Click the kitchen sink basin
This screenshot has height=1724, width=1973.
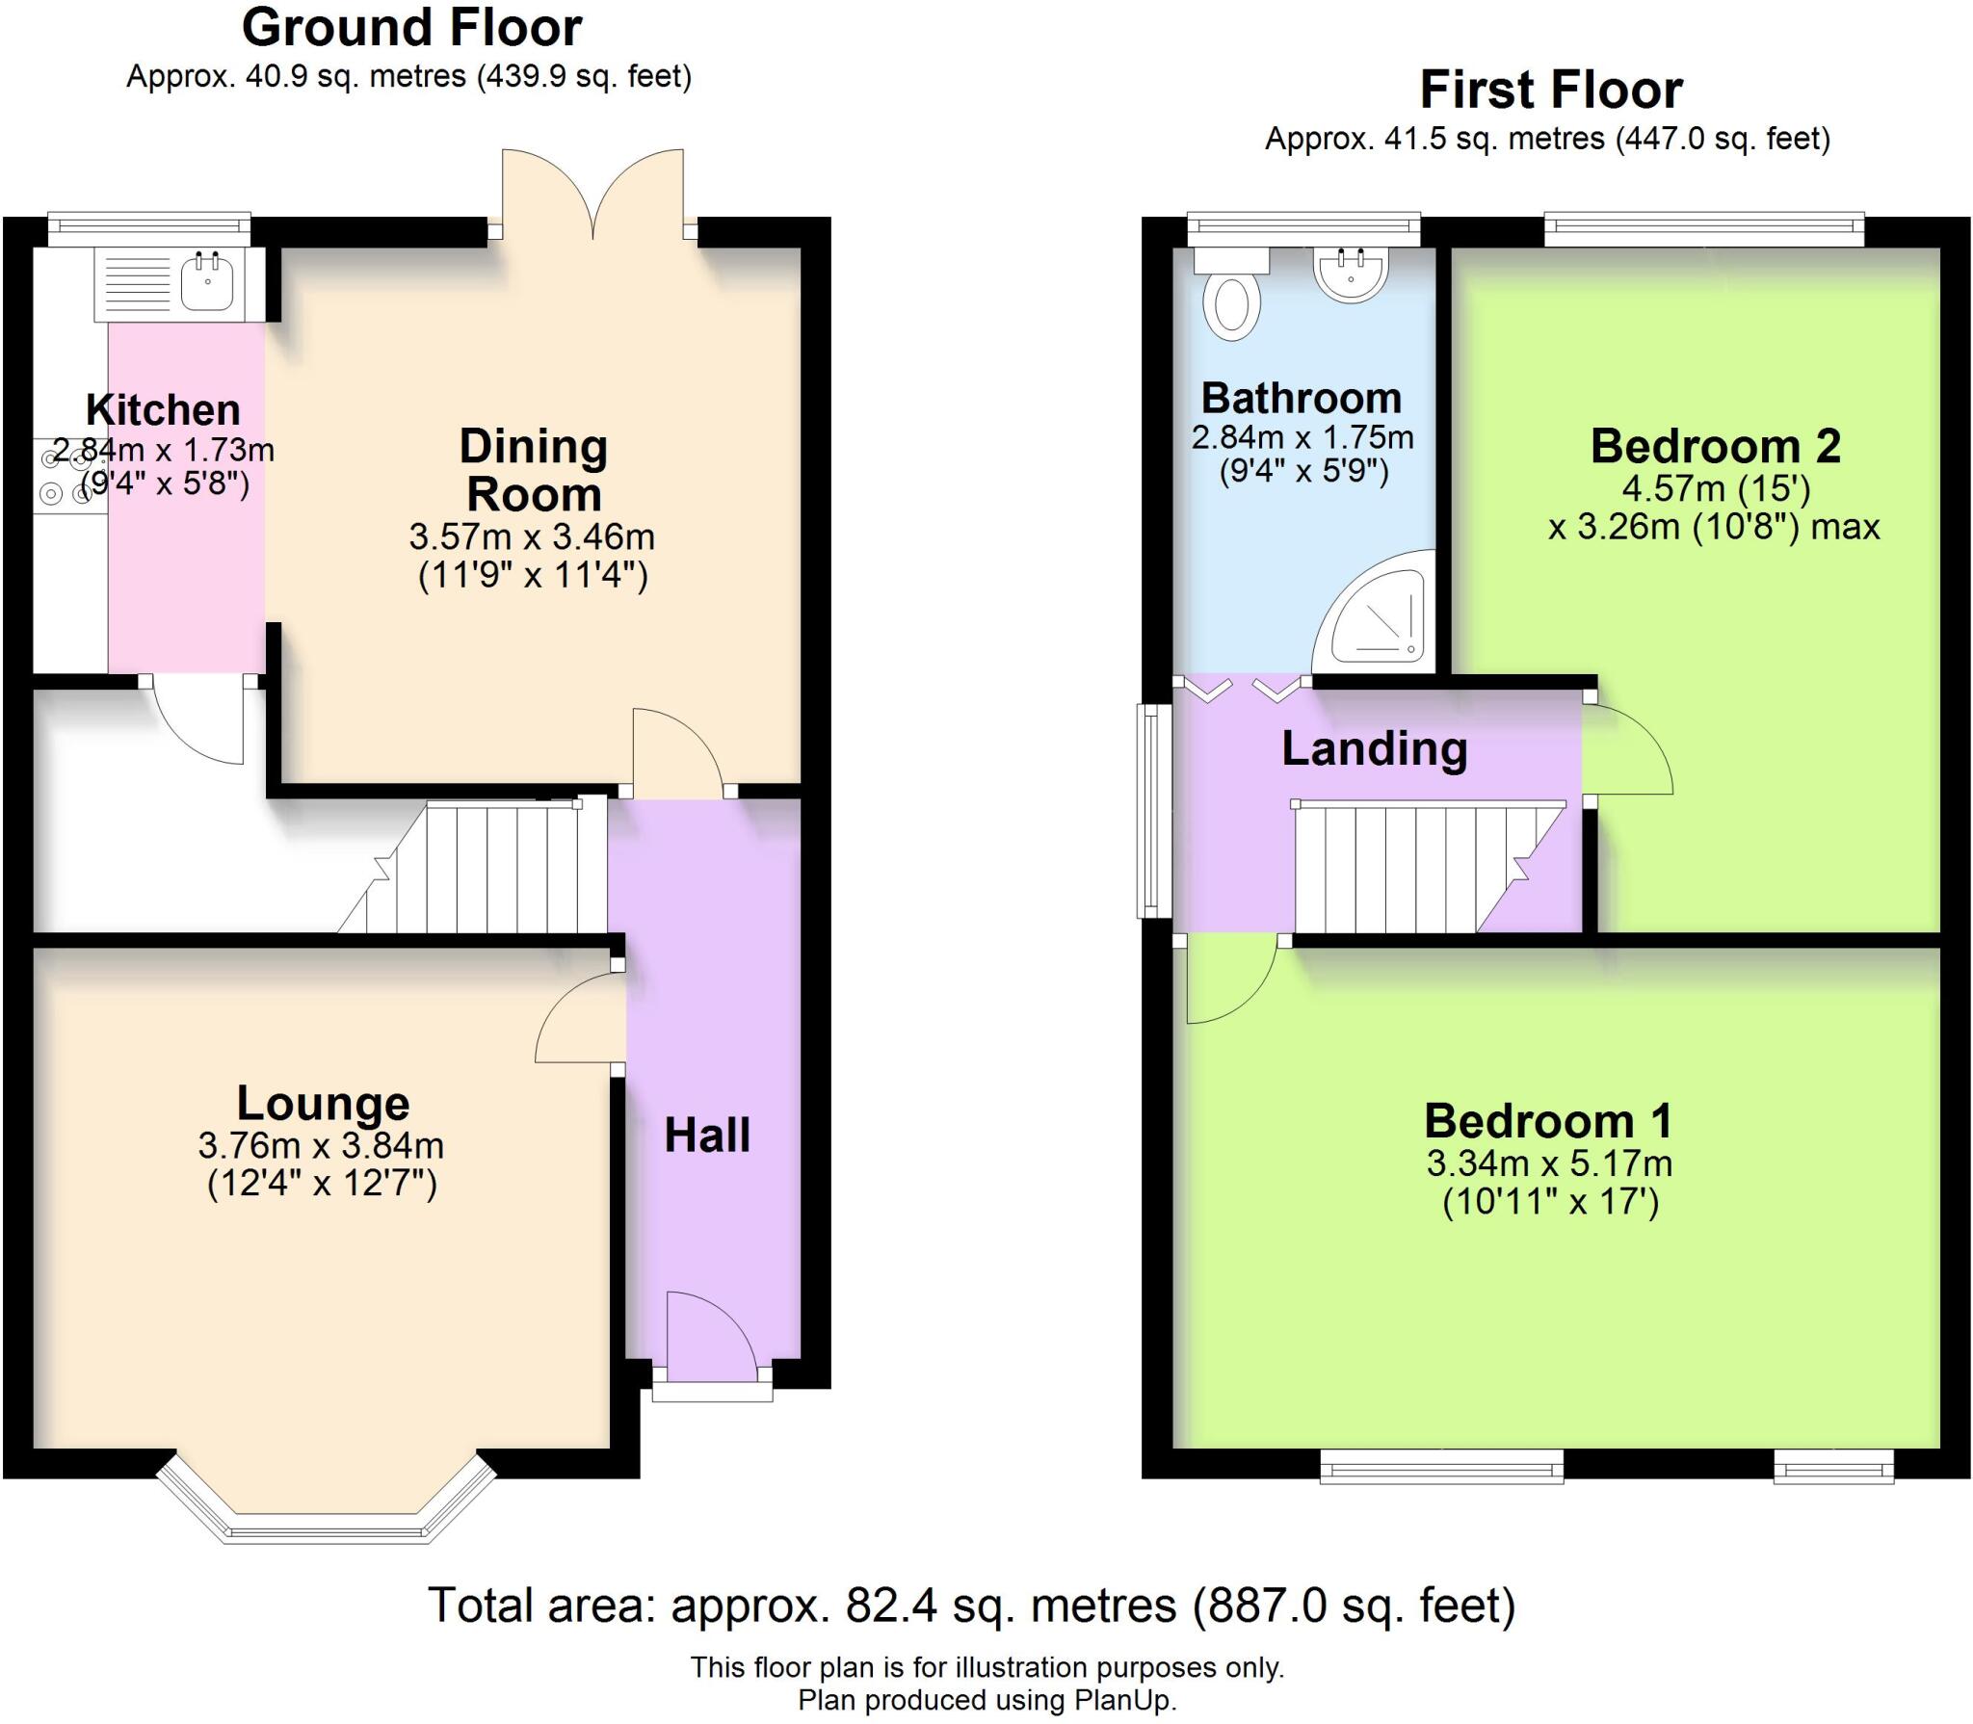207,281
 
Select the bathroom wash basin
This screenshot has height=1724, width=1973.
1351,273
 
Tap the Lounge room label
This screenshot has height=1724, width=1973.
323,1103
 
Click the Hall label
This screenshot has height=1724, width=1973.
707,1136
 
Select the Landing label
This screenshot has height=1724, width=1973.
1375,749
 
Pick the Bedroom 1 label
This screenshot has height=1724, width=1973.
1548,1121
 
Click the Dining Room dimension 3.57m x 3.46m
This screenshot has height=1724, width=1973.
532,535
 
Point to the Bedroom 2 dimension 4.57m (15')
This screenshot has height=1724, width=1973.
1716,488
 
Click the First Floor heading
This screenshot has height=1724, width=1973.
1551,91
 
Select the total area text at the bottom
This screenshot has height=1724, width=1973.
971,1606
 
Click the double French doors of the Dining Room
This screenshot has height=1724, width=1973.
592,194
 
